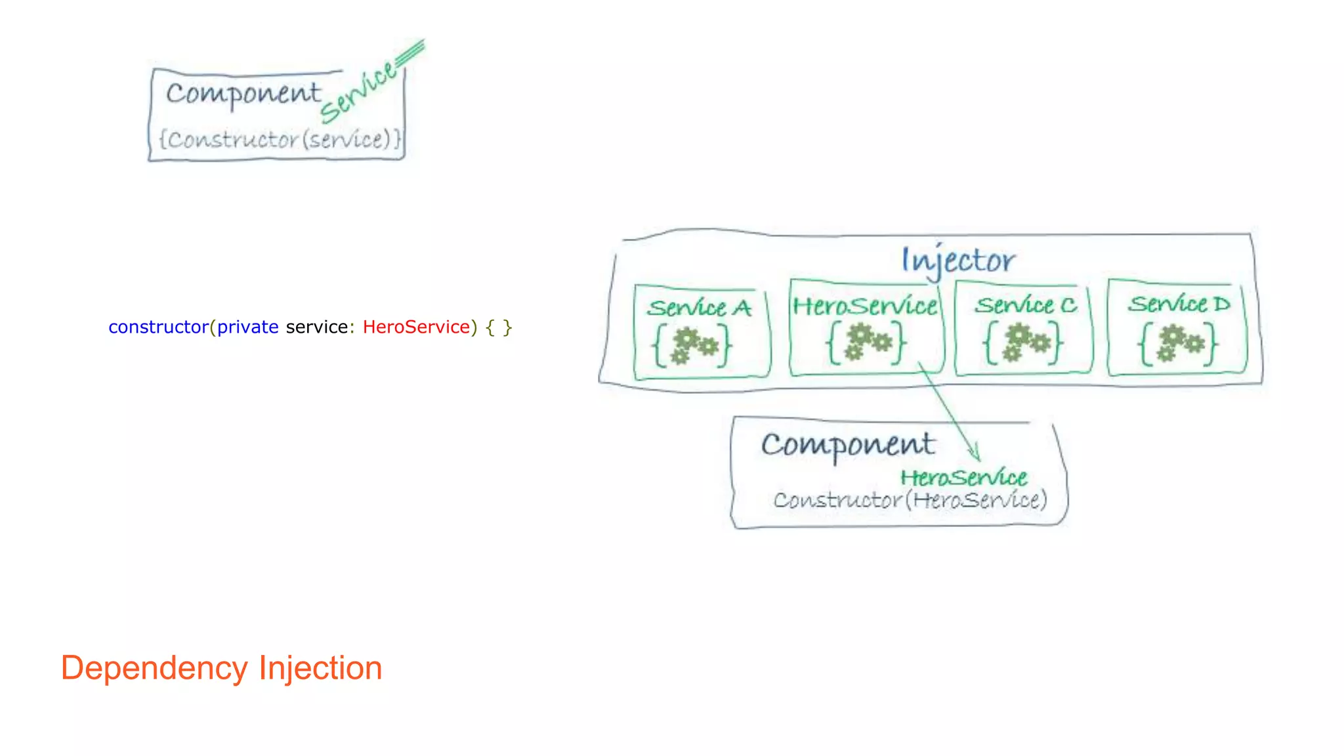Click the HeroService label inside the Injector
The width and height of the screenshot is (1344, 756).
click(x=865, y=306)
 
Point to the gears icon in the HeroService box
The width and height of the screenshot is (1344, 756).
click(x=867, y=342)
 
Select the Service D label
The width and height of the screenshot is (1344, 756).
click(x=1179, y=304)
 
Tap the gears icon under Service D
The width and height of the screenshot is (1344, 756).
click(x=1179, y=343)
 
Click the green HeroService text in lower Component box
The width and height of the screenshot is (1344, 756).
click(x=963, y=478)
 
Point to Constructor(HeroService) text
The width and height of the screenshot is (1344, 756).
click(x=910, y=500)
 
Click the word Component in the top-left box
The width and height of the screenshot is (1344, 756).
click(x=243, y=93)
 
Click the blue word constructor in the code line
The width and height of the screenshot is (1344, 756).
click(x=158, y=327)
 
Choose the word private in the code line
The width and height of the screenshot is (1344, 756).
click(x=247, y=327)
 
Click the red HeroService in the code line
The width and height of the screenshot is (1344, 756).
click(x=416, y=327)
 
